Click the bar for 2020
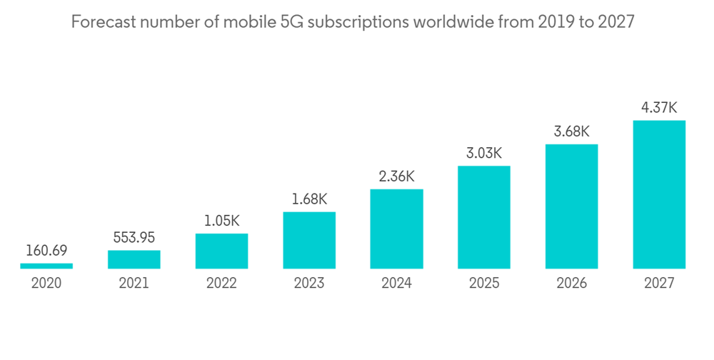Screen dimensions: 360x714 click(46, 266)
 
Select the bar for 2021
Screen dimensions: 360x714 click(134, 259)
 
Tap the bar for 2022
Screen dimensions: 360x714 click(221, 251)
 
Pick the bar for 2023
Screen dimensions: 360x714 click(309, 240)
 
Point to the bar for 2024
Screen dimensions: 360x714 click(396, 229)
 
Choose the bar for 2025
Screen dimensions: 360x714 click(484, 217)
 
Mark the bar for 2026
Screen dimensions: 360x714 click(571, 206)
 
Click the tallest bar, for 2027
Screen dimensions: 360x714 click(659, 194)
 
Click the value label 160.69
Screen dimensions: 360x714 click(46, 251)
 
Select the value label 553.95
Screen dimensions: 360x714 click(134, 237)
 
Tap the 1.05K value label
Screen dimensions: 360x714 click(221, 221)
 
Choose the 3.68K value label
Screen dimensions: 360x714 click(571, 131)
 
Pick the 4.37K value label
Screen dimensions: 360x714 click(659, 108)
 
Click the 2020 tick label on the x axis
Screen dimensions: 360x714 click(46, 283)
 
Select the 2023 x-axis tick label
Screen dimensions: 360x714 click(309, 283)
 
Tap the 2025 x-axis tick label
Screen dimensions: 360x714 click(484, 283)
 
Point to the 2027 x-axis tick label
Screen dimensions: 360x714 click(659, 283)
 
